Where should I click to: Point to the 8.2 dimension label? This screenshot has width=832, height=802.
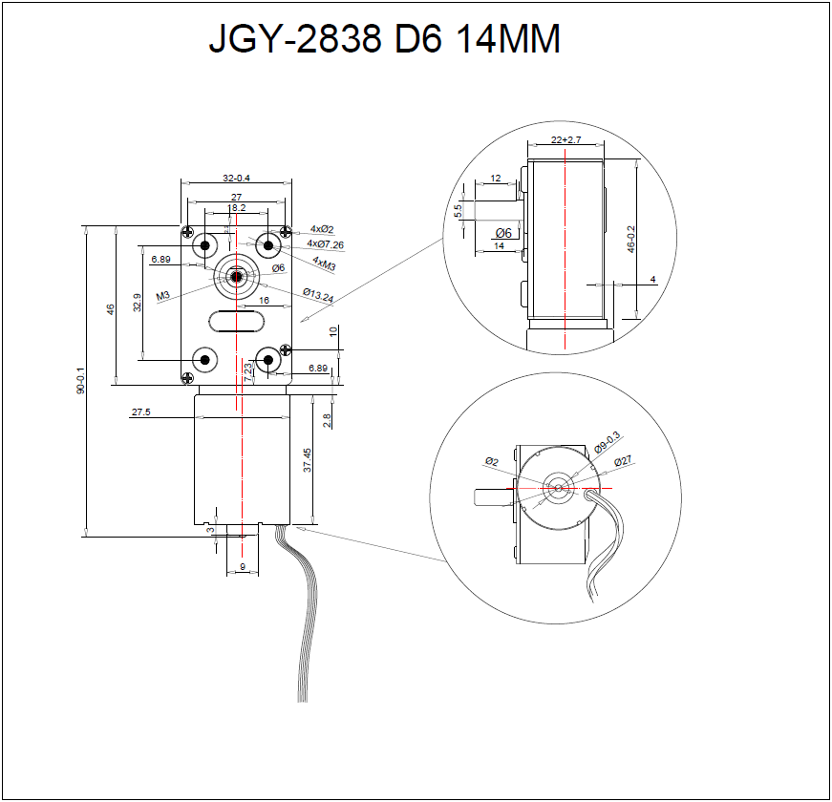tap(238, 207)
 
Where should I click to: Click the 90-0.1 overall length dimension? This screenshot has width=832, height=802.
tap(81, 381)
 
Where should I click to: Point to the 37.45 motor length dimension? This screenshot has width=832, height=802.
tap(308, 461)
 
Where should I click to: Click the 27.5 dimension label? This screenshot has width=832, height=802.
tap(141, 412)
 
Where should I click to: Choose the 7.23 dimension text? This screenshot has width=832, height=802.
tap(248, 372)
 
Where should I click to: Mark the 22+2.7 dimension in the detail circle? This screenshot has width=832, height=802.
tap(566, 140)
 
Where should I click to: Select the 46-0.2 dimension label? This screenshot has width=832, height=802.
tap(630, 239)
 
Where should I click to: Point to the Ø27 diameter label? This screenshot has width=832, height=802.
tap(623, 461)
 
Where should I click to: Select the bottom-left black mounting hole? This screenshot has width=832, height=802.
tap(203, 360)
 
